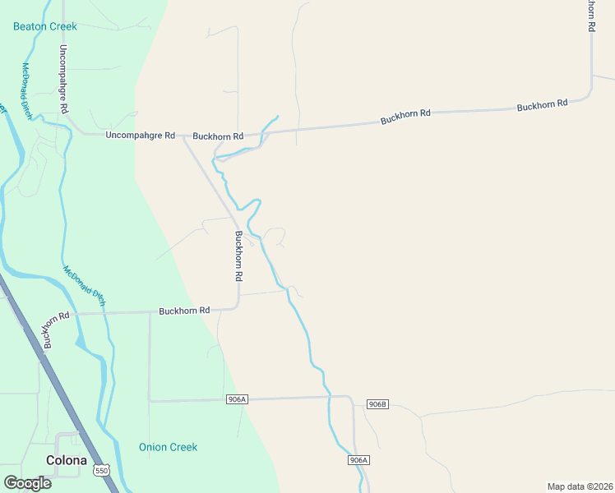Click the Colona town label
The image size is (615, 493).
click(x=67, y=461)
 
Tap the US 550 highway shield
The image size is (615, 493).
click(x=101, y=470)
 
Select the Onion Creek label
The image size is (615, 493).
click(x=168, y=447)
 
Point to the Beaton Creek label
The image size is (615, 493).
click(x=45, y=26)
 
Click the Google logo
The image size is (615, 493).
click(x=27, y=482)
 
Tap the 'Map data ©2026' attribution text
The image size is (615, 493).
click(x=580, y=486)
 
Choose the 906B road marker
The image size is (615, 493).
click(x=377, y=403)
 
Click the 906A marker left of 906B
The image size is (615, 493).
click(x=236, y=399)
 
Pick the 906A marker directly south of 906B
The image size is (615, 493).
click(x=358, y=460)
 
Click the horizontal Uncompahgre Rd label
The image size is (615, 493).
click(x=141, y=135)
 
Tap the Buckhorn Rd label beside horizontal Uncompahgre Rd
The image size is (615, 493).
click(x=218, y=136)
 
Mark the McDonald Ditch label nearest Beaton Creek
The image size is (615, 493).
click(x=27, y=90)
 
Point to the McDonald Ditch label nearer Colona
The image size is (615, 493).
click(x=85, y=285)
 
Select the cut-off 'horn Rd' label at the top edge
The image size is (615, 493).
click(x=590, y=15)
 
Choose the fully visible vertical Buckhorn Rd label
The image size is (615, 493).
click(x=238, y=256)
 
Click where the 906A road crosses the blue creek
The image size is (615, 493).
click(x=329, y=397)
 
